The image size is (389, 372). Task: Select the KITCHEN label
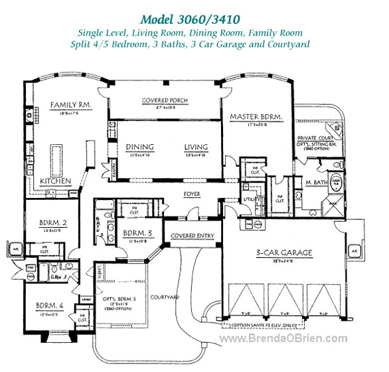point(55,180)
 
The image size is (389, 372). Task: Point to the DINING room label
point(139,147)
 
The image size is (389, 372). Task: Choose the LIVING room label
point(196,147)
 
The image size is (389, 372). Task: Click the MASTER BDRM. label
point(256,117)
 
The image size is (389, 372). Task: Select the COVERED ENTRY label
point(192,236)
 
